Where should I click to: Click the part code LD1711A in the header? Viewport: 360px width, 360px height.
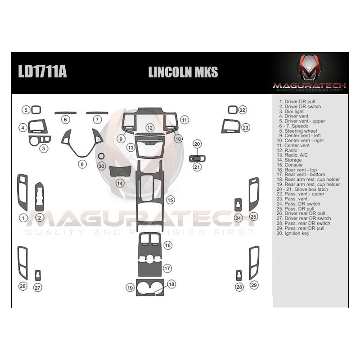tap(43, 72)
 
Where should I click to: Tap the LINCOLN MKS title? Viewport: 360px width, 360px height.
tap(183, 72)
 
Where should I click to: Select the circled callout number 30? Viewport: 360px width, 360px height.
tap(101, 166)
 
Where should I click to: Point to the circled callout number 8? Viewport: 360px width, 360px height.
tap(82, 165)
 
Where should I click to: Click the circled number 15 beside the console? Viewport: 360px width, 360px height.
tap(170, 199)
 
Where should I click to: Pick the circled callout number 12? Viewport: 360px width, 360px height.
tap(150, 128)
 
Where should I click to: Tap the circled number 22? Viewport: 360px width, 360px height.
tap(243, 110)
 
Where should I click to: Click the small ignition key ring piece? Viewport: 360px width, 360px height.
tap(101, 156)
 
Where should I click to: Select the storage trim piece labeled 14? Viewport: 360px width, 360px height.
tap(121, 171)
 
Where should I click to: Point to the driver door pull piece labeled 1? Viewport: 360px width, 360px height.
tap(22, 192)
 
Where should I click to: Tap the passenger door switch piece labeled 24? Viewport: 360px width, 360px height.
tap(238, 205)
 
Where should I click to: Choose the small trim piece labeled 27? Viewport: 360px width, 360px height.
tap(38, 275)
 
